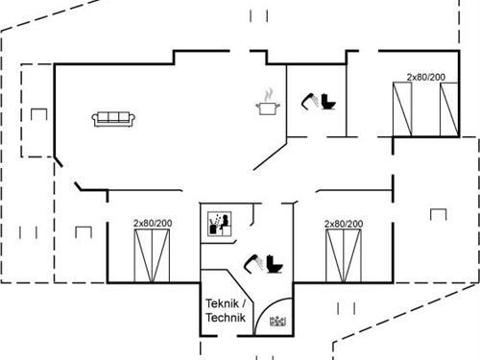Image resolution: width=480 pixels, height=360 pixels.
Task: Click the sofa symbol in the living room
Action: (x=113, y=118)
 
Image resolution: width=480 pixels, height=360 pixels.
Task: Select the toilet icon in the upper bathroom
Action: (x=326, y=102)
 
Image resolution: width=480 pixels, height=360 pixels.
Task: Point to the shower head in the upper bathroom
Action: (x=311, y=98)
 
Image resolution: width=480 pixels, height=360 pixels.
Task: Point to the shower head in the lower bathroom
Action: (x=253, y=259)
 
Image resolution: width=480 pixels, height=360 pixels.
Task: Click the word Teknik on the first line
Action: (x=221, y=303)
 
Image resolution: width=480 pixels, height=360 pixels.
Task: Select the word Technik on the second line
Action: (x=226, y=318)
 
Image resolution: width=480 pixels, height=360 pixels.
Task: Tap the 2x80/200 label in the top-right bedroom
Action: (x=425, y=76)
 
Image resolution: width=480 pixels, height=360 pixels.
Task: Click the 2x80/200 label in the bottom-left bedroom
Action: (x=153, y=224)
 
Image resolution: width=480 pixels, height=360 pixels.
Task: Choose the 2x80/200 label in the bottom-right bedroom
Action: (x=344, y=224)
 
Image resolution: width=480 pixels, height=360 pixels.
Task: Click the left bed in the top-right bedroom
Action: (x=403, y=108)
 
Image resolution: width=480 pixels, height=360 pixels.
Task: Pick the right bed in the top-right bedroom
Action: (x=448, y=108)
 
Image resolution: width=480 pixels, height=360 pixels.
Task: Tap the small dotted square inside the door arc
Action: (x=279, y=322)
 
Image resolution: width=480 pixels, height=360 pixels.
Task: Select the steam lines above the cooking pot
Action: (x=269, y=93)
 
